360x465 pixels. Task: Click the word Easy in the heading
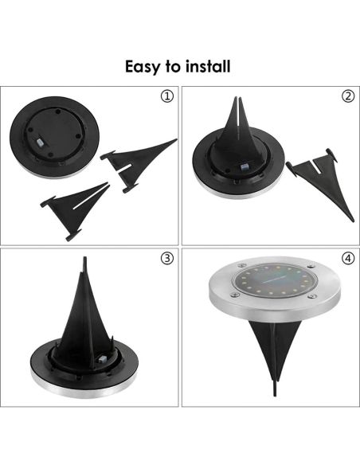pos(143,67)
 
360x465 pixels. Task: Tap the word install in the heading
pos(208,66)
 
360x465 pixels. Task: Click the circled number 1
pos(167,96)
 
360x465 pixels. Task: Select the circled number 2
pos(348,96)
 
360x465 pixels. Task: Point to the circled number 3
pos(167,258)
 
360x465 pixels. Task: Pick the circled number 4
pos(348,258)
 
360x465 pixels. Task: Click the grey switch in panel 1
pos(40,143)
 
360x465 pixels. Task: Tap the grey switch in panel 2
pos(245,168)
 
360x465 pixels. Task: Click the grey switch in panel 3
pos(102,360)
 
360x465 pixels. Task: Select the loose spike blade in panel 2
pos(319,178)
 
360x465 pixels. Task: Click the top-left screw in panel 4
pos(241,265)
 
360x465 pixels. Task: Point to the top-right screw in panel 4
pos(310,266)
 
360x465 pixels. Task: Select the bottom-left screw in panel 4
pos(235,295)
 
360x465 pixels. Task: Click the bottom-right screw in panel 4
pos(312,296)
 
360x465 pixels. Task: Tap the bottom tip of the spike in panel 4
pos(275,396)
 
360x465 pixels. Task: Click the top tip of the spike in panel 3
pos(85,257)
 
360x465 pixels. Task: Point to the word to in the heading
pos(173,68)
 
